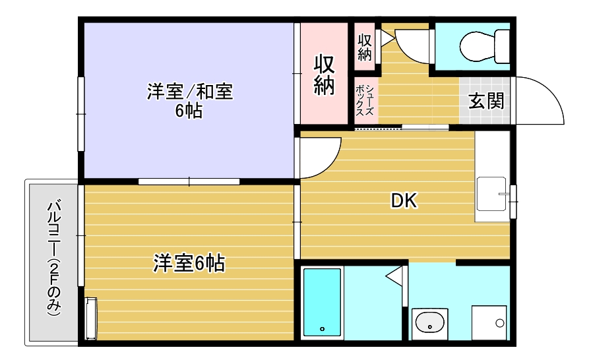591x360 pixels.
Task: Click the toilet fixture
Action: (485, 47)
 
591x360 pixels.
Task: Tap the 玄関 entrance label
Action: (486, 101)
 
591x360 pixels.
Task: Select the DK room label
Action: (404, 200)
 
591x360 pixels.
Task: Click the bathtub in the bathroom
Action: (323, 302)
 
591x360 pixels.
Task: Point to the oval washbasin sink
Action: (429, 322)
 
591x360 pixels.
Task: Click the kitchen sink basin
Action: (491, 194)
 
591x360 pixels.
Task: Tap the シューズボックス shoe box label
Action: (365, 100)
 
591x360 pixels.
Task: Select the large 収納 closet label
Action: (324, 75)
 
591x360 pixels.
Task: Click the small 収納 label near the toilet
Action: (365, 47)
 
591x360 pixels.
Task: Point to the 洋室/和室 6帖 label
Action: (189, 101)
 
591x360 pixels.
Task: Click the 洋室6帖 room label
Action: (189, 263)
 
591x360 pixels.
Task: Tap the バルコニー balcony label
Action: (54, 258)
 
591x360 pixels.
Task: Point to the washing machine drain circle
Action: (500, 323)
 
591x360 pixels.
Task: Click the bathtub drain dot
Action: (323, 329)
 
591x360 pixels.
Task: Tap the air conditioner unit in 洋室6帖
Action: (91, 318)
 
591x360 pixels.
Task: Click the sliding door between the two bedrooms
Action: (189, 181)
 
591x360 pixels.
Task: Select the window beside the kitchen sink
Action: (513, 202)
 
